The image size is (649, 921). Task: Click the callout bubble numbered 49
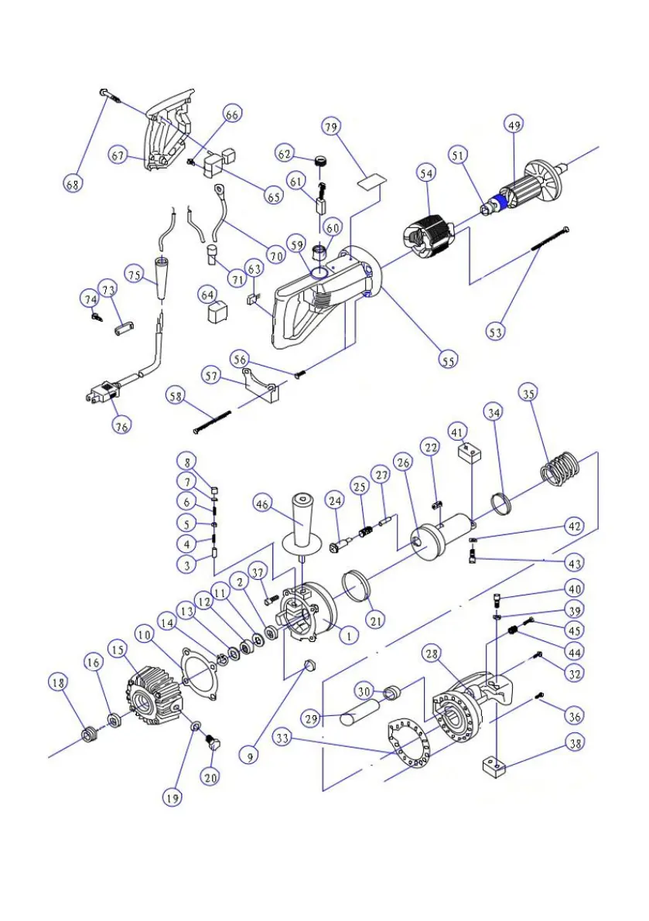pos(514,126)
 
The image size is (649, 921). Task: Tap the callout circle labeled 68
pos(73,184)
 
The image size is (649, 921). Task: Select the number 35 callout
pos(528,394)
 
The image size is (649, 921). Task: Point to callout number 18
pos(57,683)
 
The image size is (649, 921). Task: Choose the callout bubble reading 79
pos(331,127)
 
